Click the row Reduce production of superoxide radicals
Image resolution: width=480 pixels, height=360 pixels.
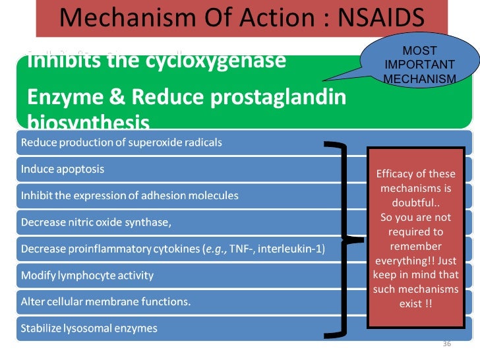[121, 142]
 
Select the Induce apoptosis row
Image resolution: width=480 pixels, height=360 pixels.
[63, 169]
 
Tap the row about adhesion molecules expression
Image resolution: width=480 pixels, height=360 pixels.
[130, 196]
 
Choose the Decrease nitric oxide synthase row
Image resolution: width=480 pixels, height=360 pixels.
[96, 222]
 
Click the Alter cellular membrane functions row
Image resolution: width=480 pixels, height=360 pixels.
[105, 301]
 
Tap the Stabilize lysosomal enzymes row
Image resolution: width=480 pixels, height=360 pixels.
[89, 328]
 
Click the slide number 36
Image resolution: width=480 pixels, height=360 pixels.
[446, 344]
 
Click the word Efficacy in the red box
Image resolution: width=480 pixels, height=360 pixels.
[394, 174]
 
